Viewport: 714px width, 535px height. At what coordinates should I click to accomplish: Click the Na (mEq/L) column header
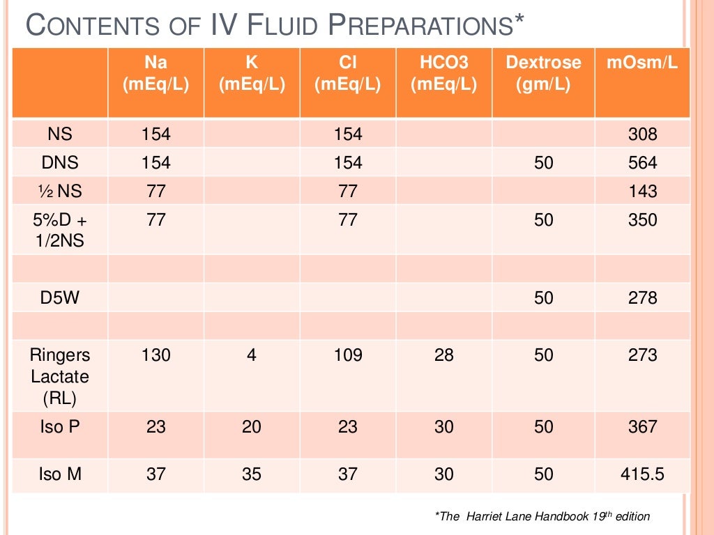click(155, 74)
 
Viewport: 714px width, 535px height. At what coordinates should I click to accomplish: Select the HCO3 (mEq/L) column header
click(443, 74)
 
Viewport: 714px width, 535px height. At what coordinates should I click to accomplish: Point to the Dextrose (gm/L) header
click(543, 74)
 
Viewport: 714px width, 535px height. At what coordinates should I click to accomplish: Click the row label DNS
click(60, 163)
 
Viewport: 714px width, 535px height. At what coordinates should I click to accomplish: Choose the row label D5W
click(60, 298)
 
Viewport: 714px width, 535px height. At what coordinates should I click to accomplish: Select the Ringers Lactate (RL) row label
click(60, 376)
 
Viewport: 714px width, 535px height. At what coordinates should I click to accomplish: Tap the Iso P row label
click(60, 426)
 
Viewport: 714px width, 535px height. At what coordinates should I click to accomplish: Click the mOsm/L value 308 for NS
click(642, 134)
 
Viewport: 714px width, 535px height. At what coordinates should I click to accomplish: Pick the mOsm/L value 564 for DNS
click(642, 163)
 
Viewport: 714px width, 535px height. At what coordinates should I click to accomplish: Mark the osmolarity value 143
click(642, 192)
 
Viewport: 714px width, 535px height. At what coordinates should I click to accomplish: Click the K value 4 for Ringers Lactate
click(252, 355)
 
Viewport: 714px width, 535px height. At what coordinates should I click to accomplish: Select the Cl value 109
click(347, 355)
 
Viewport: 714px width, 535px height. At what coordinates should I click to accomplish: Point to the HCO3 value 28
click(443, 355)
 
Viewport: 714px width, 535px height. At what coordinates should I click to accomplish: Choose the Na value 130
click(155, 355)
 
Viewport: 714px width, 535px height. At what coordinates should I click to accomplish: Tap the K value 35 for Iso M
click(252, 475)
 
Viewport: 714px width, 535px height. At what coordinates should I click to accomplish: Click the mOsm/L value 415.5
click(642, 475)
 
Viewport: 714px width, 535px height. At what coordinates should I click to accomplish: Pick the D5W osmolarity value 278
click(642, 298)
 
